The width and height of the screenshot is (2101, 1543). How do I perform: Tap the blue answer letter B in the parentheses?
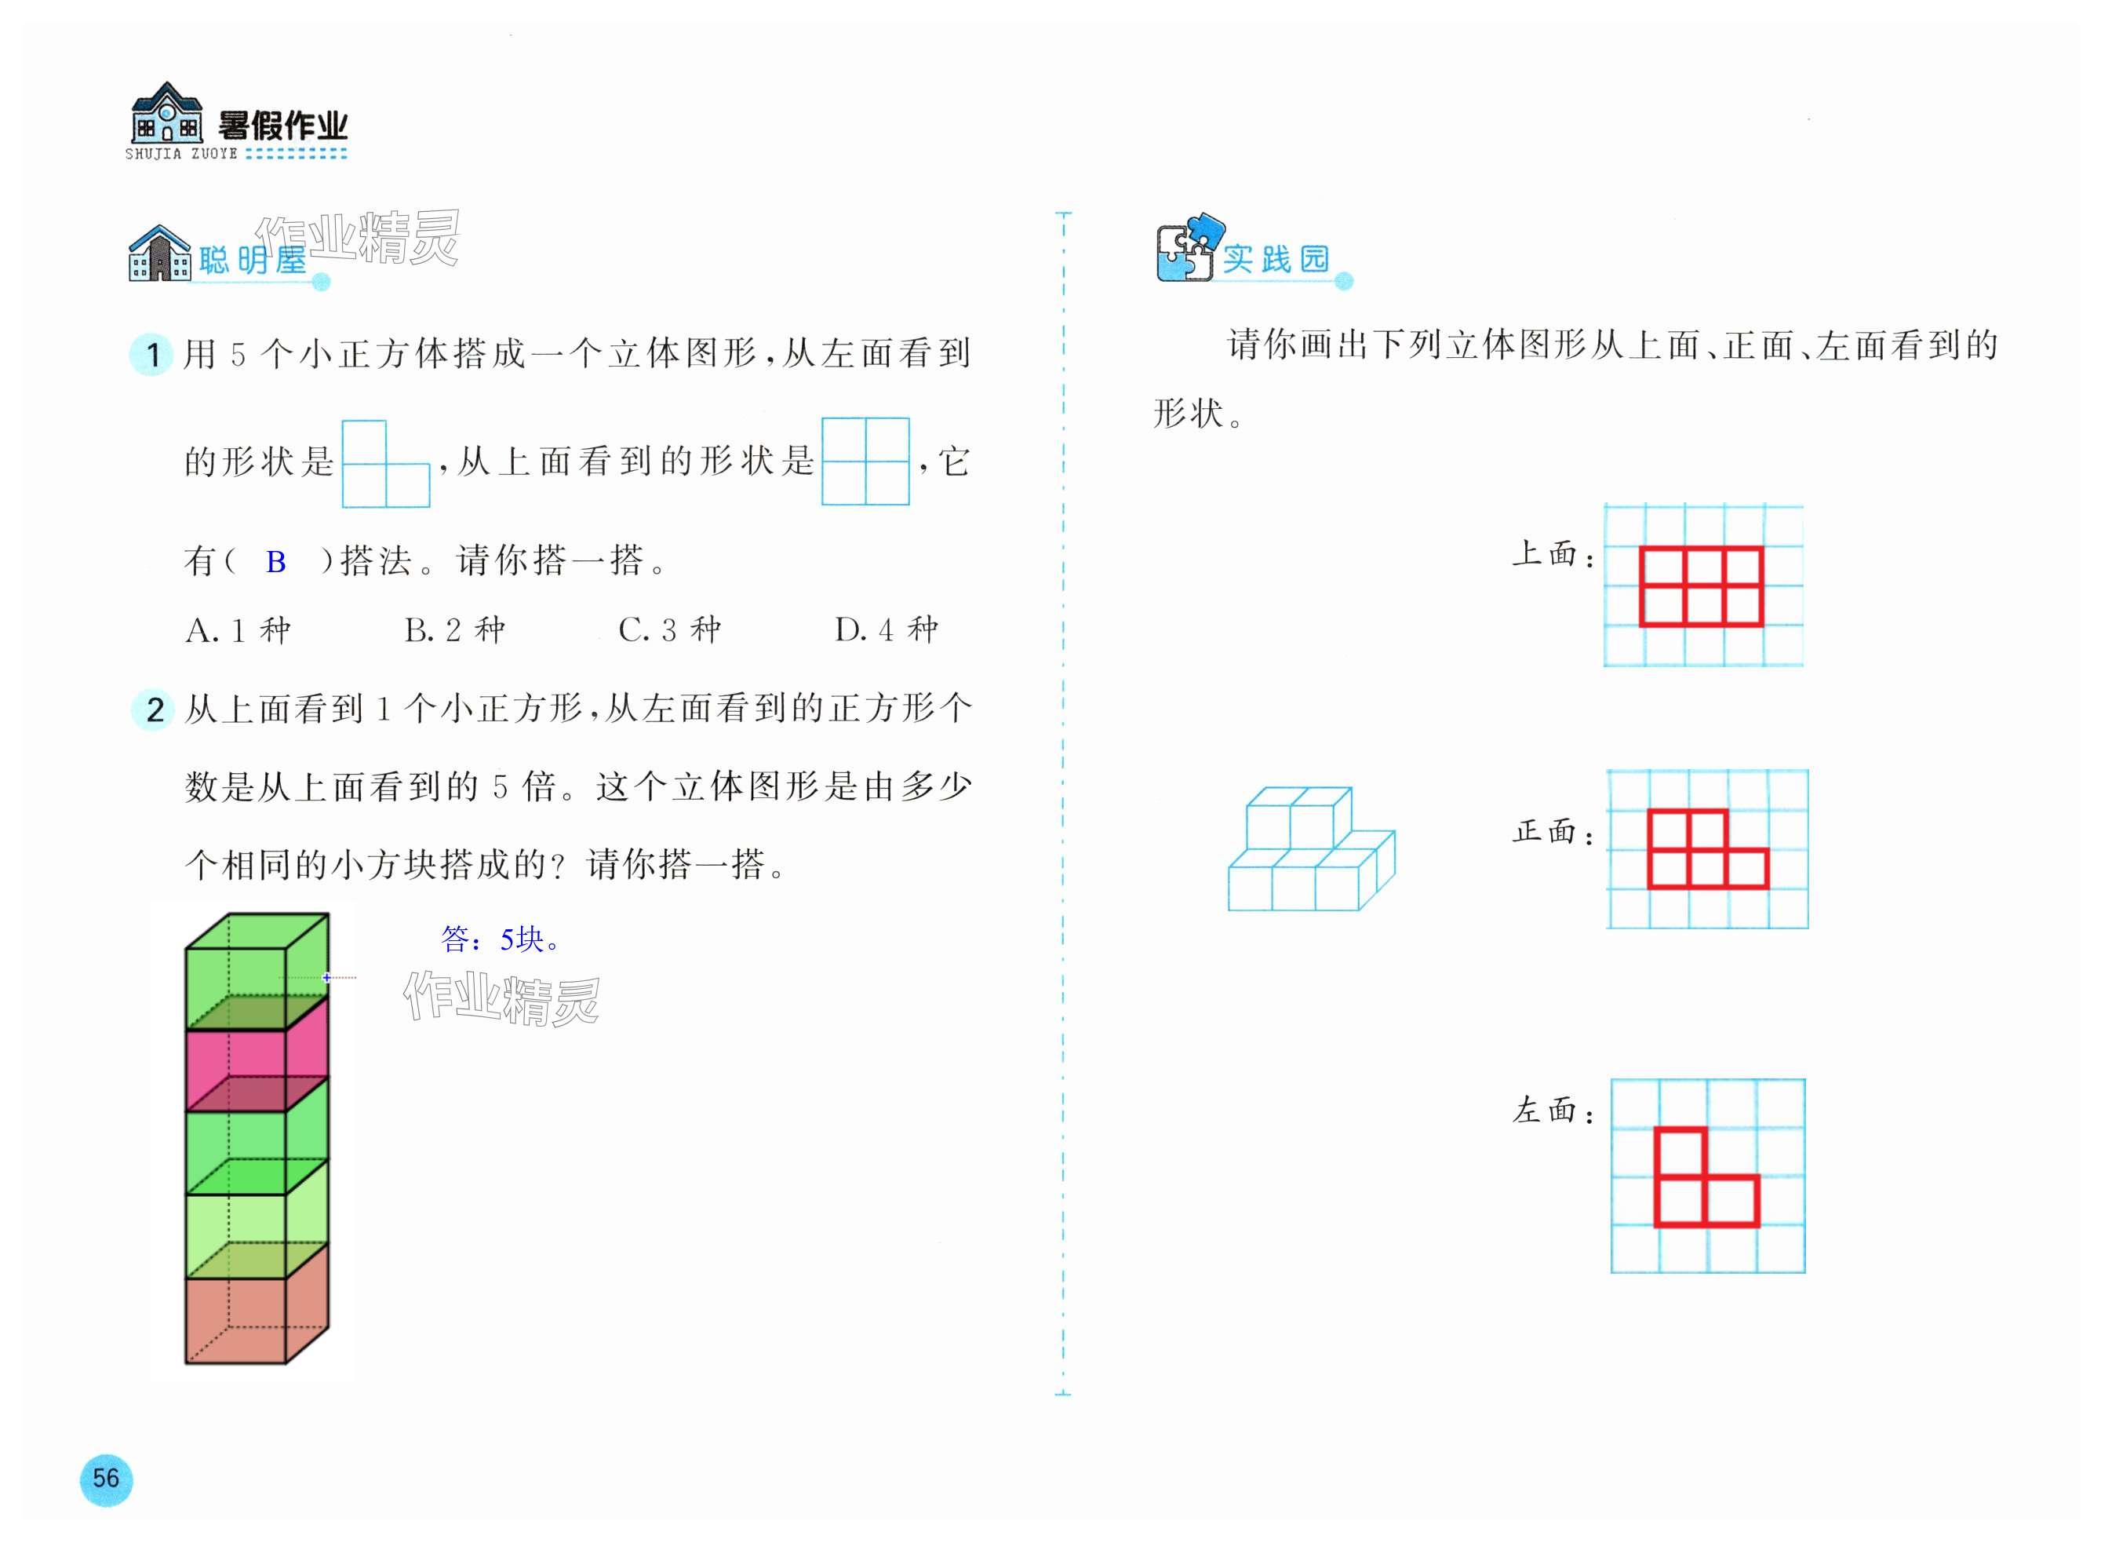tap(275, 561)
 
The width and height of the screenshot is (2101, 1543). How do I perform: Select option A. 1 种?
tap(239, 630)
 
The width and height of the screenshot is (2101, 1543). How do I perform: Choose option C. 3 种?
tap(669, 630)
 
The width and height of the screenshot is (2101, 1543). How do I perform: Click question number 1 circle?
tap(152, 355)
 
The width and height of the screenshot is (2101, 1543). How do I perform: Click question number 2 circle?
tap(154, 709)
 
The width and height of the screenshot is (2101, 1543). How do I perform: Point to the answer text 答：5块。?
tap(501, 939)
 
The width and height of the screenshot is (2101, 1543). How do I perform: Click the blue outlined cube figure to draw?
tap(1310, 850)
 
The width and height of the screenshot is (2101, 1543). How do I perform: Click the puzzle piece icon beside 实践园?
tap(1187, 250)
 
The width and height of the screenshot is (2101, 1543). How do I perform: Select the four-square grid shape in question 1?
tap(865, 461)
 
